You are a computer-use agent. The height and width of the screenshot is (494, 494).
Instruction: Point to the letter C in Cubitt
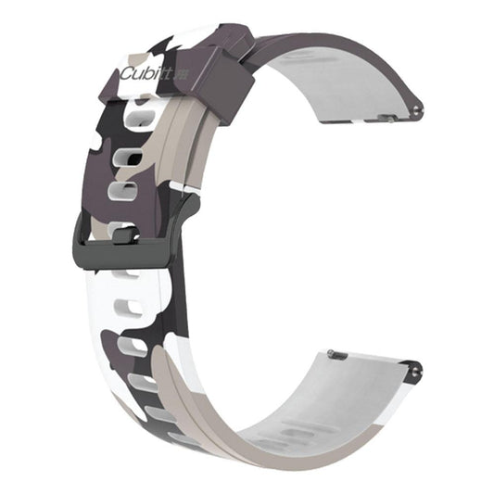125,74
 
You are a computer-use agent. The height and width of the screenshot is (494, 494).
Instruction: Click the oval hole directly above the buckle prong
124,192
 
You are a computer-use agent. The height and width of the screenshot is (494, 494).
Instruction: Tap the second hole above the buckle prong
128,155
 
